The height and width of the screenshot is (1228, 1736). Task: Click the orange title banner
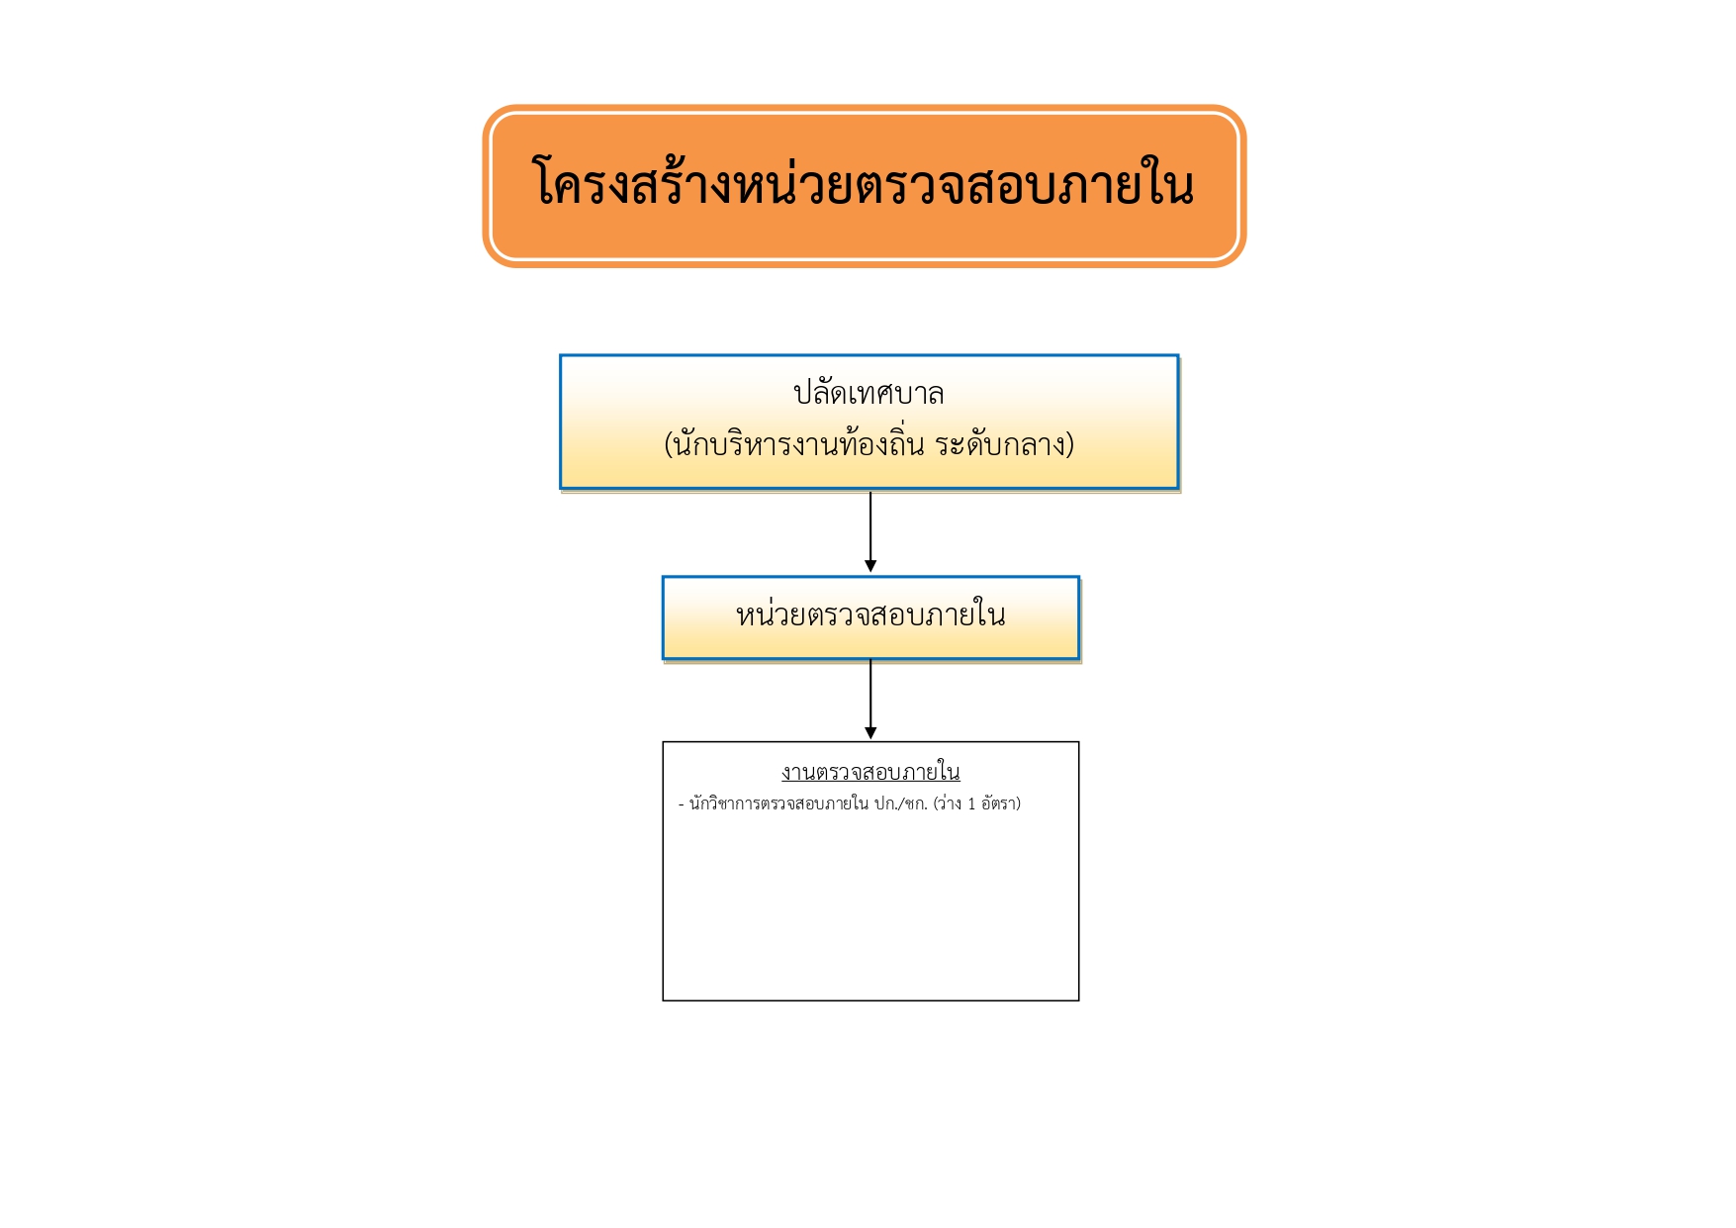click(864, 186)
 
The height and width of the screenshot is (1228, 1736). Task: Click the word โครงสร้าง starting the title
click(633, 183)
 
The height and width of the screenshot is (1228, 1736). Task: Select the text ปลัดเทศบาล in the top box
click(868, 393)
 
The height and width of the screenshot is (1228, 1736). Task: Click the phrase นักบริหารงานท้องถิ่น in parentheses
click(799, 443)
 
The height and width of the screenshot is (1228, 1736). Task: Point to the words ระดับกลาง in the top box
click(1000, 444)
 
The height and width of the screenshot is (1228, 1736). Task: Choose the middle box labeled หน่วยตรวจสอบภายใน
click(870, 617)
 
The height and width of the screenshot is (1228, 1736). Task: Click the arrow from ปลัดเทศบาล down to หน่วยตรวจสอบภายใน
click(870, 531)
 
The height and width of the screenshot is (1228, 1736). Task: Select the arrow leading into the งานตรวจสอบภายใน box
click(870, 700)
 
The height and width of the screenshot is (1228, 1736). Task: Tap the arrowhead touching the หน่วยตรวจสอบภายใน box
click(870, 566)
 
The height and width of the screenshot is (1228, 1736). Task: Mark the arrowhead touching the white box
click(870, 733)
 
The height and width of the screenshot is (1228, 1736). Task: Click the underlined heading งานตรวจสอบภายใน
click(870, 772)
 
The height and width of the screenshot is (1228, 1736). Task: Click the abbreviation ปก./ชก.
click(901, 803)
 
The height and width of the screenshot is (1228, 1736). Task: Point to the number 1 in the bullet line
click(971, 804)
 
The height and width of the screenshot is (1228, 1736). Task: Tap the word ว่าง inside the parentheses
click(951, 803)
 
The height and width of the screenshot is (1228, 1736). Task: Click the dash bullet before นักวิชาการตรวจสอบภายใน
click(682, 804)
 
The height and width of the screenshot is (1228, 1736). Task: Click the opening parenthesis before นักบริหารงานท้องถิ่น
click(669, 444)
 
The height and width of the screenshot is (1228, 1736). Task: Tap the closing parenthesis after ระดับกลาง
click(1070, 444)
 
